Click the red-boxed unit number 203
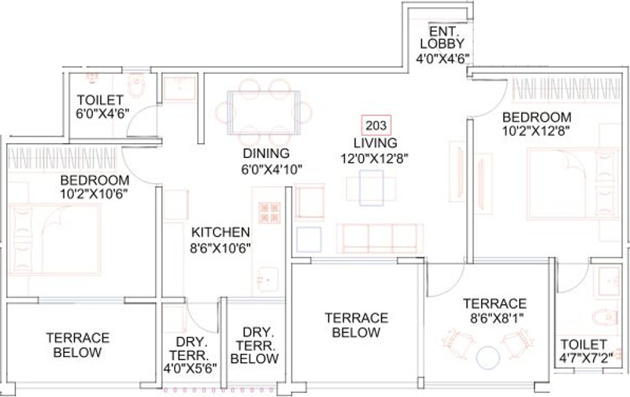coord(375,126)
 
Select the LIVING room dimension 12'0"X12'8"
coord(374,156)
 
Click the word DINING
coord(265,153)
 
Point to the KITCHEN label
coord(220,232)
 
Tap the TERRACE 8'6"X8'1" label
coord(494,311)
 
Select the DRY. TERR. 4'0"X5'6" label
coord(191,355)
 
